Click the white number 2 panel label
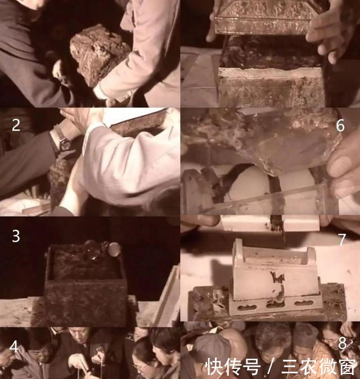click(16, 125)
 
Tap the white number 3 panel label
click(16, 235)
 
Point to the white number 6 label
click(340, 125)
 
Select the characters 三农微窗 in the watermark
click(315, 367)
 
